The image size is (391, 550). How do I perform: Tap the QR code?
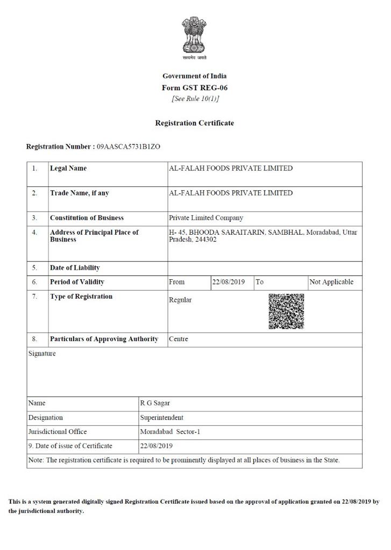(286, 311)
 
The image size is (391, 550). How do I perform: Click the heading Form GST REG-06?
(194, 88)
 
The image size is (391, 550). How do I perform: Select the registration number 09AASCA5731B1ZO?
(129, 147)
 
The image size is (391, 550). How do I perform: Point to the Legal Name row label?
(68, 169)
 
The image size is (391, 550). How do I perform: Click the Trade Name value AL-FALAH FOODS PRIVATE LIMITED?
(231, 193)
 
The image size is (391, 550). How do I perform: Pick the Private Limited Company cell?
(206, 218)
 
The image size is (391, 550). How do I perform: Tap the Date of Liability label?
(75, 268)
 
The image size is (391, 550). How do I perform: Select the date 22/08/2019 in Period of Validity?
(229, 282)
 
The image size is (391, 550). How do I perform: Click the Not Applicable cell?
(331, 282)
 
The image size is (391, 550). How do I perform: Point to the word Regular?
(180, 300)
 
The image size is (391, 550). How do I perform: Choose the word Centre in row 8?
(179, 339)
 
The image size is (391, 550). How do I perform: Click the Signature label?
(42, 354)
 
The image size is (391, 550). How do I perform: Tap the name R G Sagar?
(155, 403)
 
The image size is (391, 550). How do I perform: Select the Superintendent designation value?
(162, 418)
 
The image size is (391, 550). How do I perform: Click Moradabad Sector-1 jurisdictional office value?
(170, 432)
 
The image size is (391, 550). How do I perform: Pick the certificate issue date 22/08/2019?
(157, 446)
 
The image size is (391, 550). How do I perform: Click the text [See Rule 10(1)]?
(195, 99)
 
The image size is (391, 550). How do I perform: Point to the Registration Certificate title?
(194, 123)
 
